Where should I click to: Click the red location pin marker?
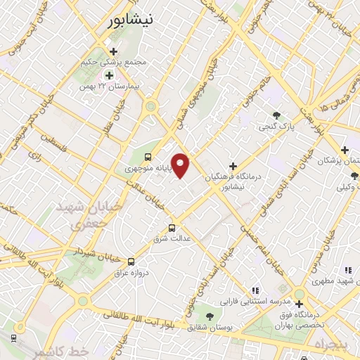point(181,165)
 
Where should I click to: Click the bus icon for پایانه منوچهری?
point(148,157)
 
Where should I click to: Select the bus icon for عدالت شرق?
point(172,227)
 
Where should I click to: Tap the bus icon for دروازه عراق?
point(131,260)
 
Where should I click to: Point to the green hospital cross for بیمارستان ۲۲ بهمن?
point(109,75)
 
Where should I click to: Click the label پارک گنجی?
point(276,127)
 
